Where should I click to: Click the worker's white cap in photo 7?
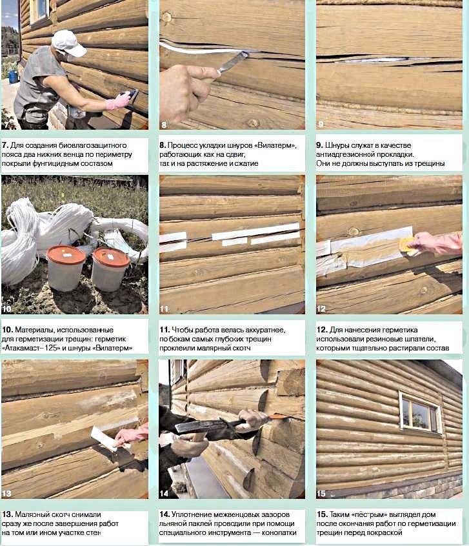[68, 43]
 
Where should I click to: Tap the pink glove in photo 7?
[117, 102]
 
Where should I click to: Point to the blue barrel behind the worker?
[13, 77]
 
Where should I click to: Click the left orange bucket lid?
[66, 254]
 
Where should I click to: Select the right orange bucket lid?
[111, 258]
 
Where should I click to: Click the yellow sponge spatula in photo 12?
[408, 244]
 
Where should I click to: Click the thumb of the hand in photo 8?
[205, 72]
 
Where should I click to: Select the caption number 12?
[322, 329]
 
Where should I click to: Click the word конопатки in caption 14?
[279, 532]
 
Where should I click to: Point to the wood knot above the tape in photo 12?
[354, 231]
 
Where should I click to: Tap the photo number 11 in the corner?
[164, 308]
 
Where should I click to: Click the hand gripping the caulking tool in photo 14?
[252, 419]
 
